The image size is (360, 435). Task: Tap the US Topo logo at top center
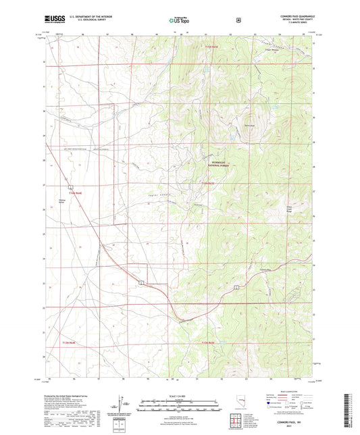click(180, 20)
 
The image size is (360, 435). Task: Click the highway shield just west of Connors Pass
click(236, 287)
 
